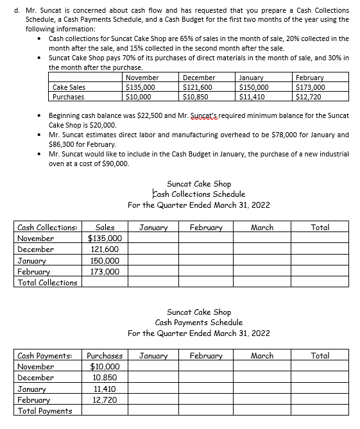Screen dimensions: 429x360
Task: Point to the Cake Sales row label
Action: tap(69, 87)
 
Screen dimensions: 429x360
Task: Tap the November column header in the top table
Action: tap(142, 78)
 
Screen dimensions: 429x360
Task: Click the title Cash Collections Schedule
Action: tap(199, 194)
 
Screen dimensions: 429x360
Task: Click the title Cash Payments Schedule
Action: tap(199, 322)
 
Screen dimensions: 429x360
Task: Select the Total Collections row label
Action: tap(47, 282)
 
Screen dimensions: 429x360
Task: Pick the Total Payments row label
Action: tap(44, 410)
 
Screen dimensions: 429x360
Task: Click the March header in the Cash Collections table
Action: tap(262, 228)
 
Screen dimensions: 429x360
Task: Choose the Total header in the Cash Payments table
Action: tap(320, 355)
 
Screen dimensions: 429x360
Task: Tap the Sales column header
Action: tap(105, 228)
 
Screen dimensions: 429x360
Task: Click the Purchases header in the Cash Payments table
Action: tap(105, 355)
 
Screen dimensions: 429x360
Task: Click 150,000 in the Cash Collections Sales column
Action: tap(105, 261)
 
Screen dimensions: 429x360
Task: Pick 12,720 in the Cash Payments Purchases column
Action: tap(105, 400)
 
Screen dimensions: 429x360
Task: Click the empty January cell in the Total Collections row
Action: tap(153, 282)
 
